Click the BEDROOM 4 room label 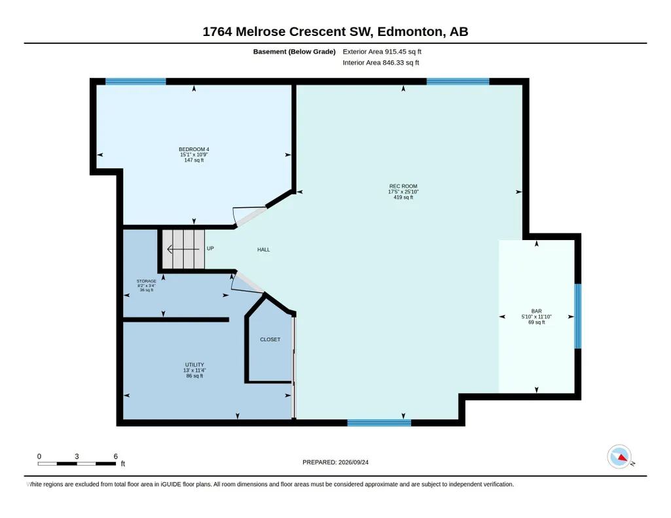tap(194, 149)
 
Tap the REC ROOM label tap(403, 186)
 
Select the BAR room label tap(537, 311)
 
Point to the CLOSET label tap(270, 339)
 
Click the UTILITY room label tap(194, 364)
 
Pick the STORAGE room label tap(147, 281)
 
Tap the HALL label tap(264, 250)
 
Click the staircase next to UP tap(183, 249)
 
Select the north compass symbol tap(620, 457)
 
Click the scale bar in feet tap(77, 463)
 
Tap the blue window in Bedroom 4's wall tap(136, 81)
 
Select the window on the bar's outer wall tap(577, 317)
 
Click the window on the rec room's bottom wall tap(379, 423)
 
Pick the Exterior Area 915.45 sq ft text tap(382, 52)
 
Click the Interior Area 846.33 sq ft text tap(380, 63)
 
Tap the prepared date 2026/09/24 tap(353, 462)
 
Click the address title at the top tap(335, 31)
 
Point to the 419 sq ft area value tap(403, 198)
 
